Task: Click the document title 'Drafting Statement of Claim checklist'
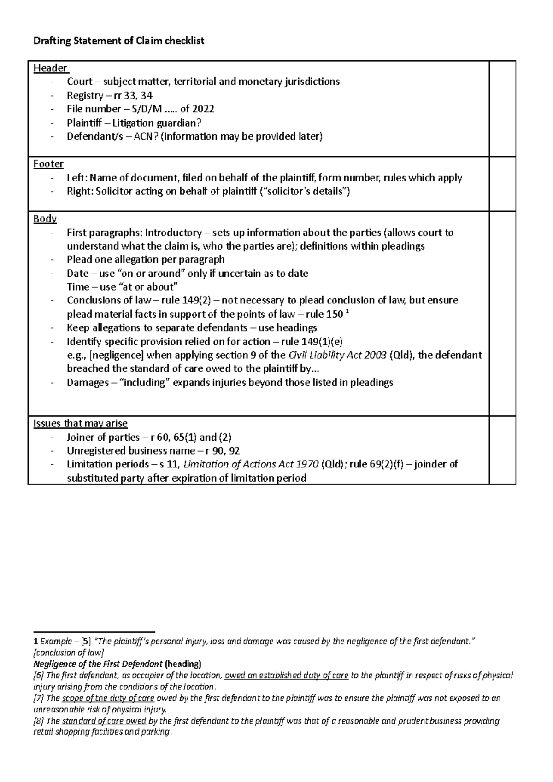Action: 119,41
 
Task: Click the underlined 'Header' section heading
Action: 50,68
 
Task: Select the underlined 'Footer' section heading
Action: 48,164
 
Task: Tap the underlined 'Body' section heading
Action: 45,219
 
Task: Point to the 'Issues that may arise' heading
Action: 80,423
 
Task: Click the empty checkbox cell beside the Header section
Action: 502,109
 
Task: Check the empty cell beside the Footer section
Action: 502,184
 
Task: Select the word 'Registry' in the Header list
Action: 85,95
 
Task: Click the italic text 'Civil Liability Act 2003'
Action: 337,355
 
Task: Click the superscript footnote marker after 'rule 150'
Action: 347,312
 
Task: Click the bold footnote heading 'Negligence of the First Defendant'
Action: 98,664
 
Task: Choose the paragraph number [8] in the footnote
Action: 39,721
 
